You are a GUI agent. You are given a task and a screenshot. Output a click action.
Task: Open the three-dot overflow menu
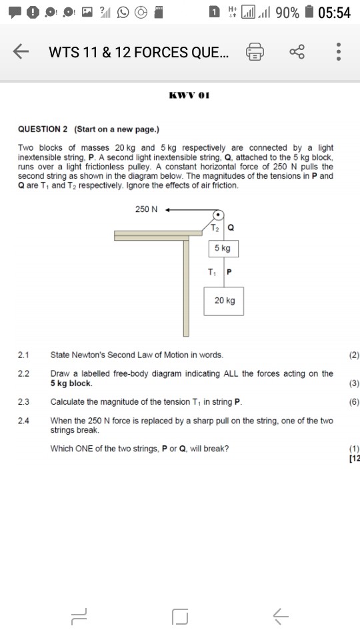click(339, 52)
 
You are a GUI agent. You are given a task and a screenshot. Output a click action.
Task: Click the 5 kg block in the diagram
click(223, 249)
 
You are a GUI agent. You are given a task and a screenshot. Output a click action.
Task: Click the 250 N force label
click(146, 209)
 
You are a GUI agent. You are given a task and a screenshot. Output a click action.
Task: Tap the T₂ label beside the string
click(214, 228)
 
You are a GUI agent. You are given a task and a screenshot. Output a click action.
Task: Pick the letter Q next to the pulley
click(231, 228)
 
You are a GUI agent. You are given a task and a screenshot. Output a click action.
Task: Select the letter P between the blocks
click(229, 272)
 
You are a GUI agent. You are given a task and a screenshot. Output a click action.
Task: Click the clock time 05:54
click(335, 12)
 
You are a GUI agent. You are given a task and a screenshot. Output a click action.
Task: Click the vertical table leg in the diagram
click(187, 287)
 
